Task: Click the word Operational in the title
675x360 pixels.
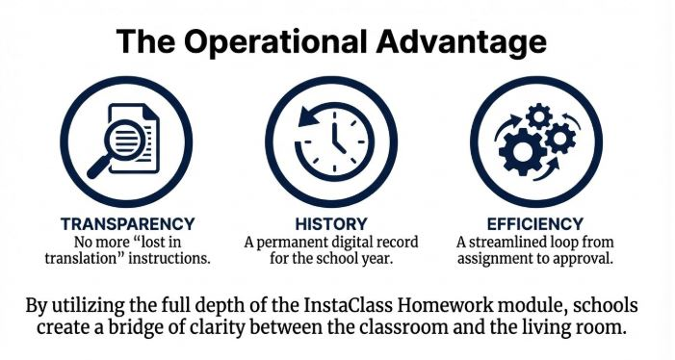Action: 275,42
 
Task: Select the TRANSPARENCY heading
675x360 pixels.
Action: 127,224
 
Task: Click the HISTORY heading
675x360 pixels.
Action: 331,224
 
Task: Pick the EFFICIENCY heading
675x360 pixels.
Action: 535,224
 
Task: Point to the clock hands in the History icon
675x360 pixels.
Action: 338,138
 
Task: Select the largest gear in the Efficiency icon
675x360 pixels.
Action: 523,151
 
